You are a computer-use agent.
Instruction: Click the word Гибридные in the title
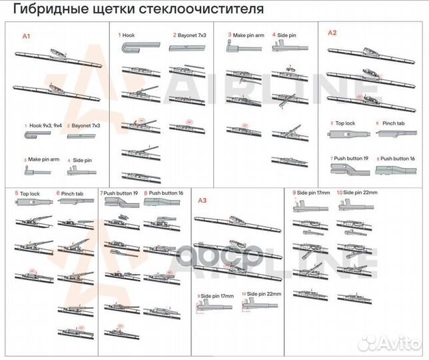46,10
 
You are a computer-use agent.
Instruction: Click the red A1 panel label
27,36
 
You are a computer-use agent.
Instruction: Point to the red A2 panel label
332,32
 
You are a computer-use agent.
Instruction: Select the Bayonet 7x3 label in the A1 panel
85,125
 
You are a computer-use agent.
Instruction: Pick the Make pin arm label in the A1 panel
42,160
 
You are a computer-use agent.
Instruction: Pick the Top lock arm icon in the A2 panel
347,135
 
